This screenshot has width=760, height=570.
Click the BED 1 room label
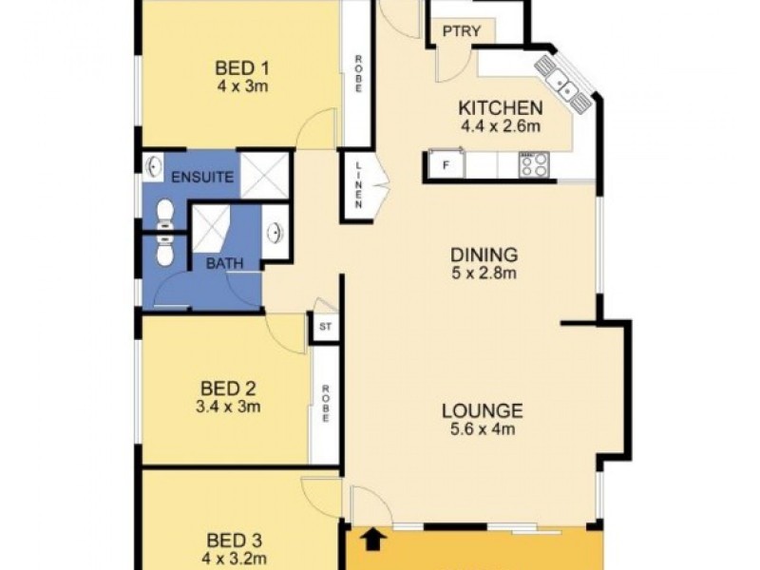pos(243,68)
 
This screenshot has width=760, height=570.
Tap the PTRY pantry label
pos(462,31)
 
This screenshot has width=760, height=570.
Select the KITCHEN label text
pos(501,107)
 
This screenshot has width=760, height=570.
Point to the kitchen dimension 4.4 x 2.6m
pos(501,125)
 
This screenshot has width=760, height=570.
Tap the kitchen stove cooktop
pos(532,165)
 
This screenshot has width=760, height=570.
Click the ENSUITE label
pos(197,177)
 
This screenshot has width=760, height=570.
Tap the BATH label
pos(224,263)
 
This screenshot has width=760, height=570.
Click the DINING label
pos(484,255)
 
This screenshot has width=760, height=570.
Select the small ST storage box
pos(325,328)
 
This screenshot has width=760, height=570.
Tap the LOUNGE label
pos(482,411)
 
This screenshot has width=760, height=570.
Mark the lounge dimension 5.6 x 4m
pos(482,430)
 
